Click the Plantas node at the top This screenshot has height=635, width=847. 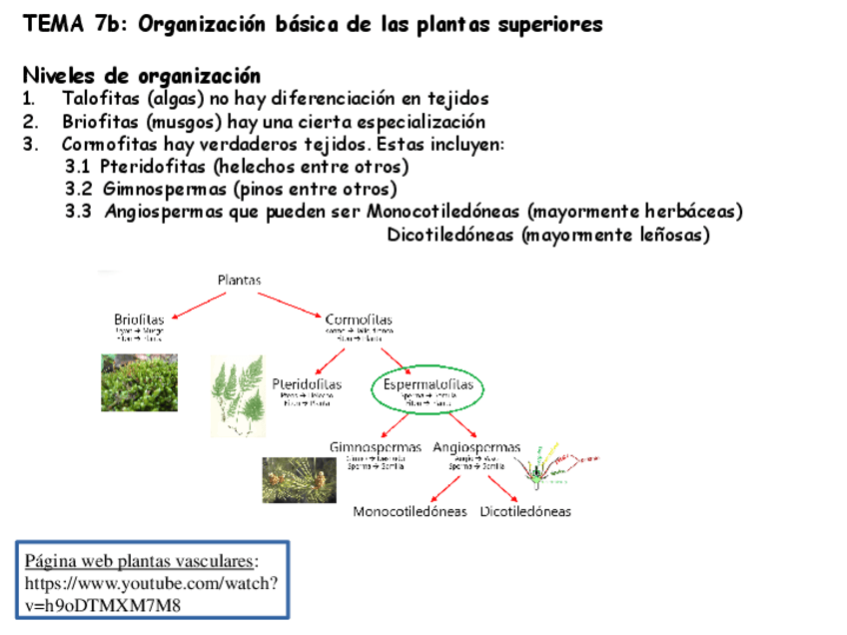tap(240, 281)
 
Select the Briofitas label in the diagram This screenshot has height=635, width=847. tap(139, 319)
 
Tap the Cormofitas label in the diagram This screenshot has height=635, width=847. tap(359, 319)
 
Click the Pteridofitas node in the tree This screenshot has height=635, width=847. tap(307, 383)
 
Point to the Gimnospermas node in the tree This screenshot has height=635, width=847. tap(376, 447)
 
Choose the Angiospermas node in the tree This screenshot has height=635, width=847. tap(476, 447)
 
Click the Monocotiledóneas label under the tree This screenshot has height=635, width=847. tap(410, 511)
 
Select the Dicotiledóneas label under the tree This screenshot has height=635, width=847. tap(525, 511)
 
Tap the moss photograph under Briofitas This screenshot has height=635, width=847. tap(139, 382)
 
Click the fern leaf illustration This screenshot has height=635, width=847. tap(238, 395)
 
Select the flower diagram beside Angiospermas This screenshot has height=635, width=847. tap(554, 463)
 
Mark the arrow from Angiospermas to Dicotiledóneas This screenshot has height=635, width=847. tap(503, 487)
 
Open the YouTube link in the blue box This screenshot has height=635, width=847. tap(151, 594)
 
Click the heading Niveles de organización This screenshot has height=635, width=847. tap(141, 76)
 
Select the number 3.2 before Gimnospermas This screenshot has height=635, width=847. tap(79, 189)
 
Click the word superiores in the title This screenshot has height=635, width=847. tap(549, 24)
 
